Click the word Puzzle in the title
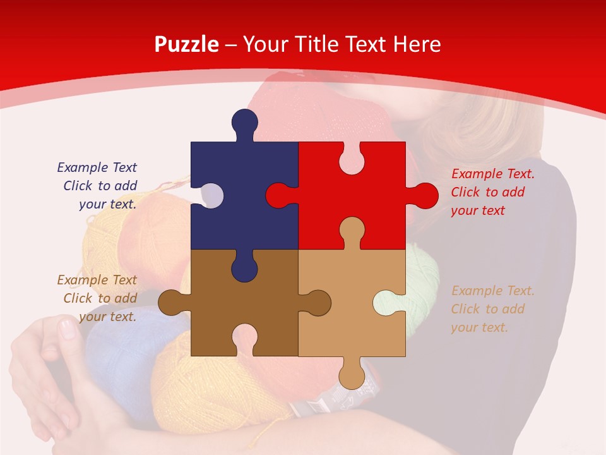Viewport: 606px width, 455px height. (186, 45)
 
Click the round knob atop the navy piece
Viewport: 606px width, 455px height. (244, 121)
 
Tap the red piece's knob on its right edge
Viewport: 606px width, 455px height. (424, 195)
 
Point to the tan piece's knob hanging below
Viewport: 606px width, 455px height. (352, 377)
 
